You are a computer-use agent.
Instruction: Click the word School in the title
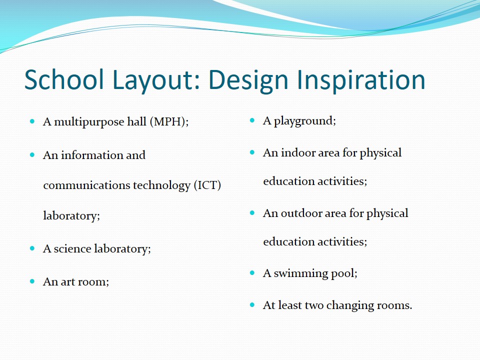pos(64,79)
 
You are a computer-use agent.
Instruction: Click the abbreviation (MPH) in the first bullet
pos(169,122)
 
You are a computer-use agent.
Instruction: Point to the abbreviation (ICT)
pos(207,185)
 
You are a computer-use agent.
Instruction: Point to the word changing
pos(350,305)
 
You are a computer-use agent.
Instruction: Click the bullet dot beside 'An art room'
pos(32,281)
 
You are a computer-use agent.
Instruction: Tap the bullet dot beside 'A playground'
pos(252,120)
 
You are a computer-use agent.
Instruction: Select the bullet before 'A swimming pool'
pos(252,272)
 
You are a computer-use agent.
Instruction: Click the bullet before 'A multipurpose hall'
pos(32,121)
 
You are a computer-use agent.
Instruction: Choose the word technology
pos(161,185)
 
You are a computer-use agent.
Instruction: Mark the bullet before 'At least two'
pos(252,305)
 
